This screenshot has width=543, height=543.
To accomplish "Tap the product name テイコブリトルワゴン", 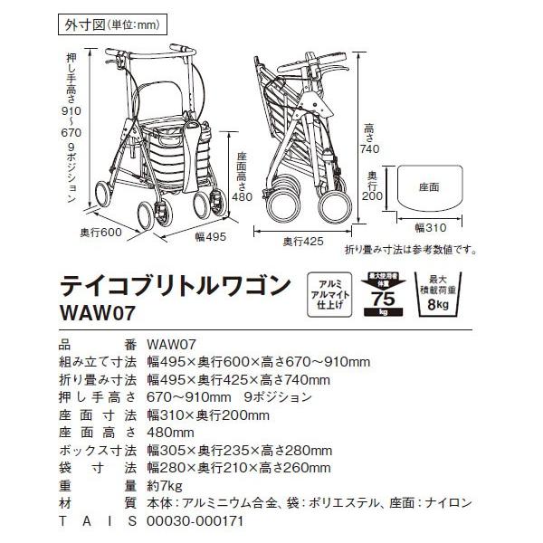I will pos(176,285).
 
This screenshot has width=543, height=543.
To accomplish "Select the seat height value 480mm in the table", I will pos(171,433).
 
